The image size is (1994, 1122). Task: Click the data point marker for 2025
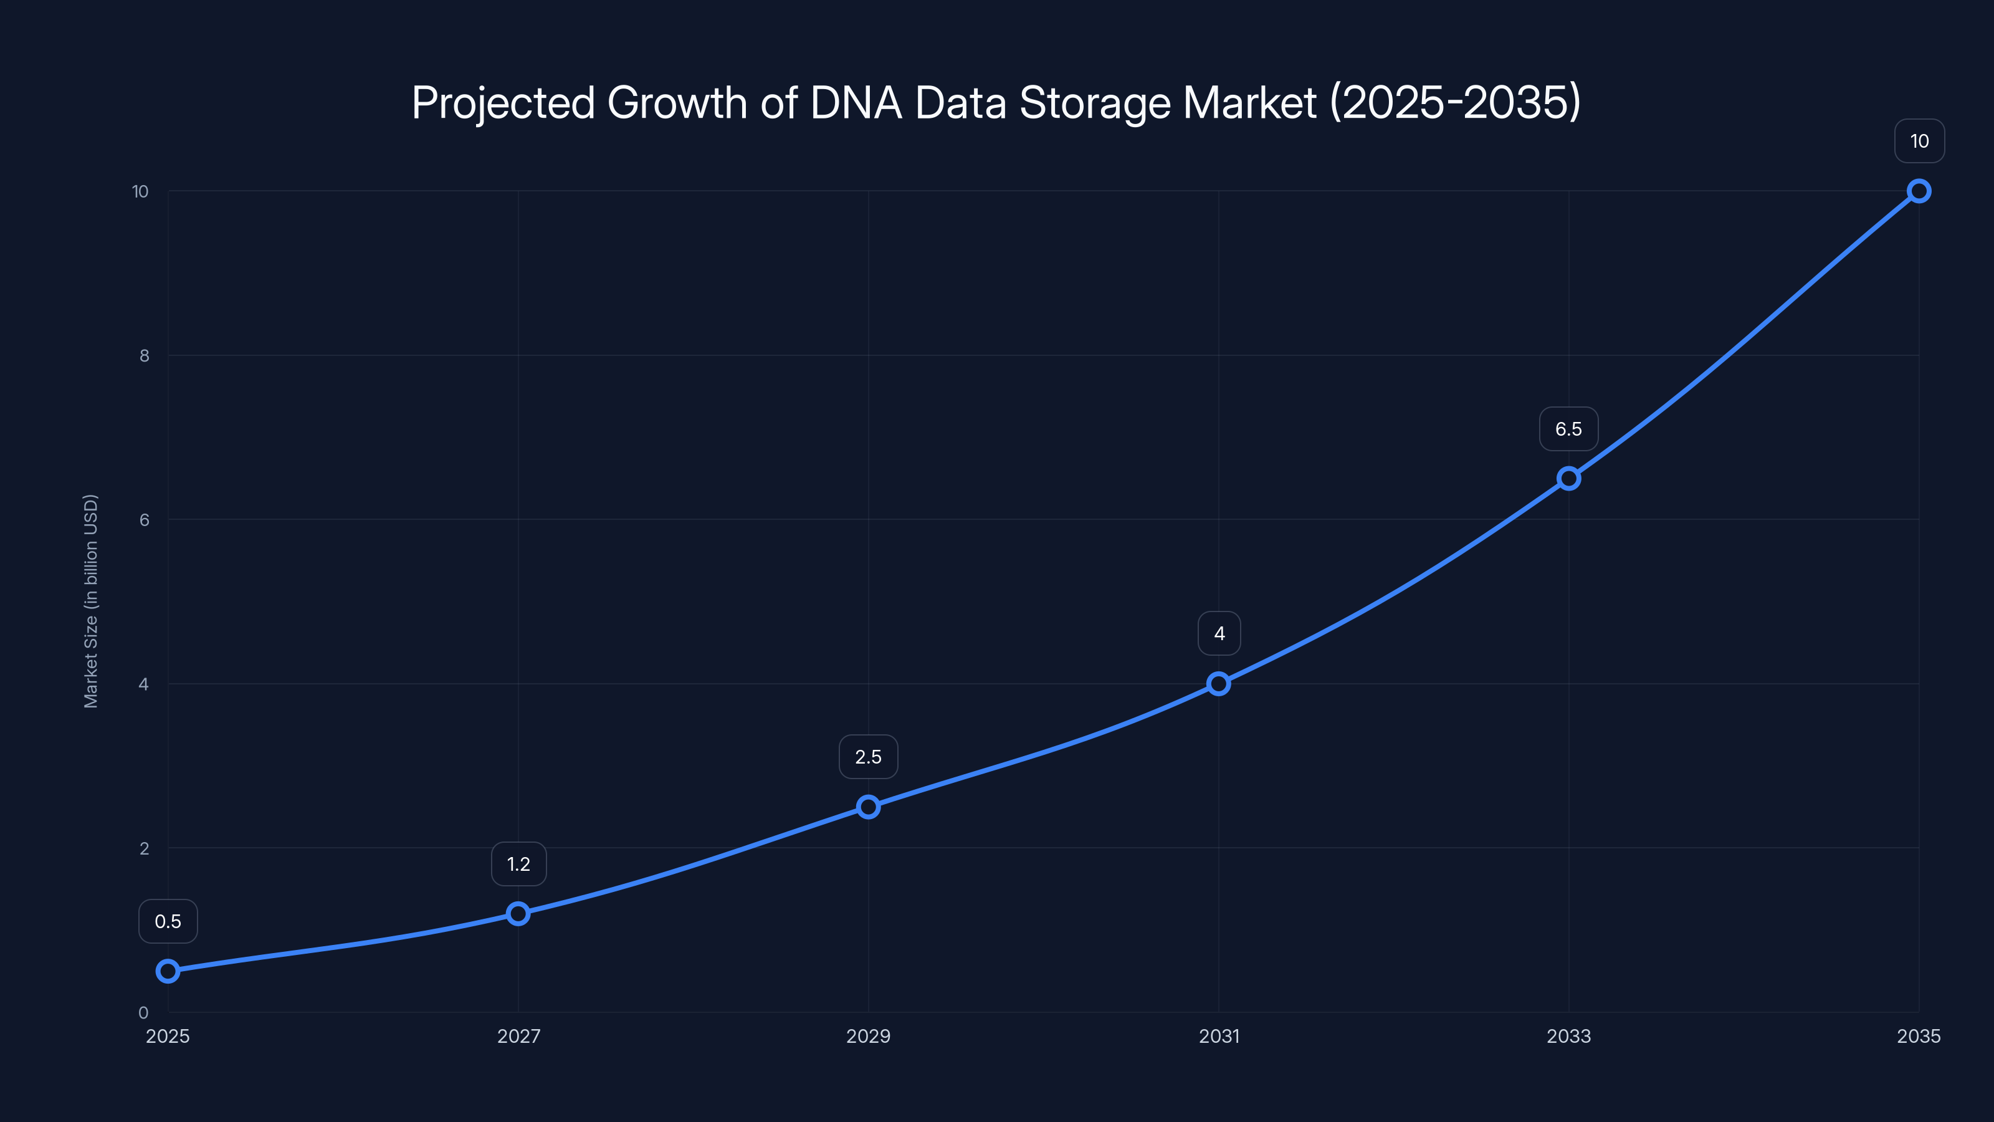point(168,971)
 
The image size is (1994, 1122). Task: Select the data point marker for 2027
point(518,914)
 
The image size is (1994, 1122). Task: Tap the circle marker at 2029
point(869,807)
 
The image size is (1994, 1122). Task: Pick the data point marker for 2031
point(1218,684)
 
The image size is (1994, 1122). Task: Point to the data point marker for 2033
point(1569,479)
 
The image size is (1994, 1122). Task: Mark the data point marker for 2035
point(1919,191)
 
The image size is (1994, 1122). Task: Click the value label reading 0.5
point(168,921)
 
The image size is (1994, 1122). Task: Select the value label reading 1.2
point(518,864)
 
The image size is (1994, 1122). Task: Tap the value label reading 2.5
point(869,757)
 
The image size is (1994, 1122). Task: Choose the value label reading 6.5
point(1569,429)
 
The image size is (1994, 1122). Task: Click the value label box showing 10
point(1919,141)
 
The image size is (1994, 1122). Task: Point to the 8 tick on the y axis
point(144,356)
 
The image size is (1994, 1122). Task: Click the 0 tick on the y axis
point(143,1013)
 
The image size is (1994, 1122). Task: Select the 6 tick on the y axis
point(144,520)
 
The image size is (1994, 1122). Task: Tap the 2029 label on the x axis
point(869,1036)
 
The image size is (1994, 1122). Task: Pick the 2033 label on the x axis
point(1569,1036)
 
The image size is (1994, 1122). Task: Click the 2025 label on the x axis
point(168,1036)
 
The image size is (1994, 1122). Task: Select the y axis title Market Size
point(92,601)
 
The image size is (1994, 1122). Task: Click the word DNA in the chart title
point(856,103)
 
